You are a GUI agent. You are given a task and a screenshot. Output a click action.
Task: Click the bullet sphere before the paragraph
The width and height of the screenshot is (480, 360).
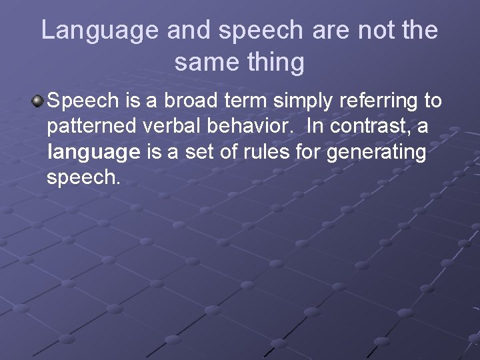[37, 101]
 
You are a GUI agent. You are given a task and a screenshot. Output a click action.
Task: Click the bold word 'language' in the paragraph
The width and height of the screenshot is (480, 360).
[93, 153]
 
